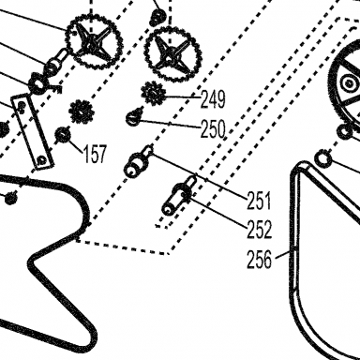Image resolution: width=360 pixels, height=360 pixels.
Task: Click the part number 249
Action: point(213,99)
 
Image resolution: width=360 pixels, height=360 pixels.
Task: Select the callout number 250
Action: point(213,129)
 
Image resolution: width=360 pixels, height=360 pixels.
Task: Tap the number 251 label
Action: point(259,201)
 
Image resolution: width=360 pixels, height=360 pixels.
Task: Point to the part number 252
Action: point(259,230)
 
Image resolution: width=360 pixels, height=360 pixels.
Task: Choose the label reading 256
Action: point(259,260)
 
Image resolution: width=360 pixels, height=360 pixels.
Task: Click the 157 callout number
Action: point(95,154)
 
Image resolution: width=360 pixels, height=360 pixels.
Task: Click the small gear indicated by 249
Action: point(153,92)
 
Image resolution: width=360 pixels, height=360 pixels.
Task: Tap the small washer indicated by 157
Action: point(63,135)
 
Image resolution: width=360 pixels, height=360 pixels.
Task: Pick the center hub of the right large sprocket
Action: point(171,53)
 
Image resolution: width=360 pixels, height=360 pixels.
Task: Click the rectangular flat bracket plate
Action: point(32,131)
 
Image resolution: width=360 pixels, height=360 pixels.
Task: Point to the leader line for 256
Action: point(283,254)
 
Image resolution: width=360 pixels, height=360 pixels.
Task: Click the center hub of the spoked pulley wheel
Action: point(348,83)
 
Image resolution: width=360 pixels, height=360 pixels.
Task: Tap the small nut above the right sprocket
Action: point(158,17)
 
